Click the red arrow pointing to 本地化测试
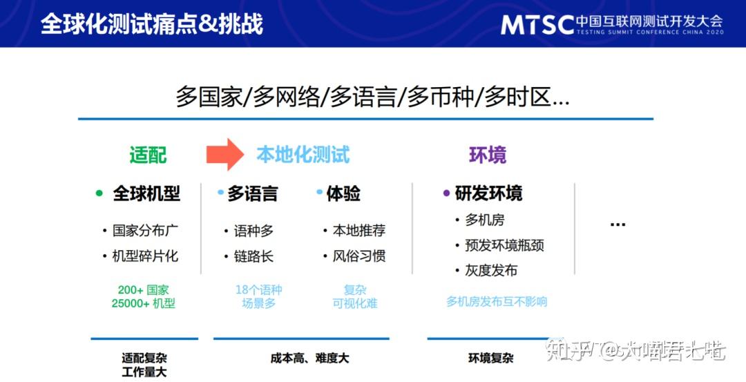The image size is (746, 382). [225, 154]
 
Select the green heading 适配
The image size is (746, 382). [148, 155]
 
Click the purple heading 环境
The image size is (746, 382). [488, 155]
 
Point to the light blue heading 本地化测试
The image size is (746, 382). [303, 155]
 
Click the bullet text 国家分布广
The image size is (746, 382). [145, 231]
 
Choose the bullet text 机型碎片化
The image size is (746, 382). [145, 256]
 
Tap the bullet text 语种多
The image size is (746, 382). [254, 231]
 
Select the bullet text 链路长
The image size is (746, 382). [254, 257]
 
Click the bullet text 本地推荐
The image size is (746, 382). [358, 231]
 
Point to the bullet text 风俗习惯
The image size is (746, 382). [358, 256]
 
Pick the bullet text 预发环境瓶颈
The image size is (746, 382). [504, 245]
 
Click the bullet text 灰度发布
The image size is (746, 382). [491, 271]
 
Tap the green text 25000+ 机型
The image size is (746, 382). [144, 303]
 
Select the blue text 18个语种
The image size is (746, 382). [259, 289]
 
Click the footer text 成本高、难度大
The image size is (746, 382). [309, 359]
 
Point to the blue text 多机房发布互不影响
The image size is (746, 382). [497, 302]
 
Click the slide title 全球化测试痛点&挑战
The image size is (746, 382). [152, 24]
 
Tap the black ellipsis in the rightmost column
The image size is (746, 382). [618, 225]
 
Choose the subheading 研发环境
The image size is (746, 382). [488, 193]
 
